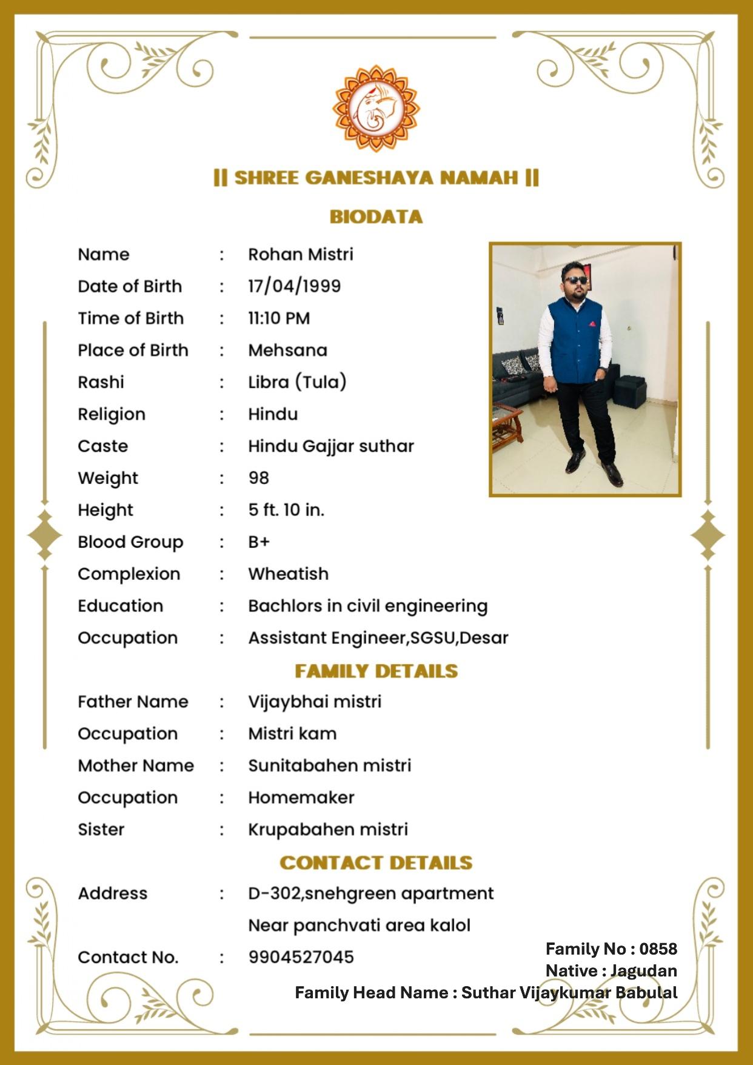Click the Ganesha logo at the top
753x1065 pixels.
click(x=376, y=109)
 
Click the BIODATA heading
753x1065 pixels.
click(x=376, y=217)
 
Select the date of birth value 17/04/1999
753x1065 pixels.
click(x=294, y=286)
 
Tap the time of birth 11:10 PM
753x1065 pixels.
click(x=279, y=318)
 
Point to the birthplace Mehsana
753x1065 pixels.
click(x=287, y=351)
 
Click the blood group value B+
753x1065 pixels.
click(x=259, y=542)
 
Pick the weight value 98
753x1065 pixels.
click(x=258, y=478)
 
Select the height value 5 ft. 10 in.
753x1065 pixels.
click(x=286, y=510)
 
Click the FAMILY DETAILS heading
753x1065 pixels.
click(x=376, y=671)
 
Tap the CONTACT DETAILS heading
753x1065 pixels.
click(x=376, y=862)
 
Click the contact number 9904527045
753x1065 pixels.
click(x=301, y=957)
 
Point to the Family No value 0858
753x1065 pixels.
click(x=658, y=949)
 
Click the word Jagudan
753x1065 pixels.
click(x=643, y=970)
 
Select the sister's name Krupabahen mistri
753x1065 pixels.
click(x=328, y=829)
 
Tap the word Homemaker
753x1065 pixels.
click(x=301, y=798)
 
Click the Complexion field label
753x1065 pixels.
click(x=129, y=574)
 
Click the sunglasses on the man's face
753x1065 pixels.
click(x=575, y=280)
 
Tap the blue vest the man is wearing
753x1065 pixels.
click(x=574, y=343)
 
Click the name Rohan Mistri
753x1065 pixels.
click(x=300, y=254)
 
